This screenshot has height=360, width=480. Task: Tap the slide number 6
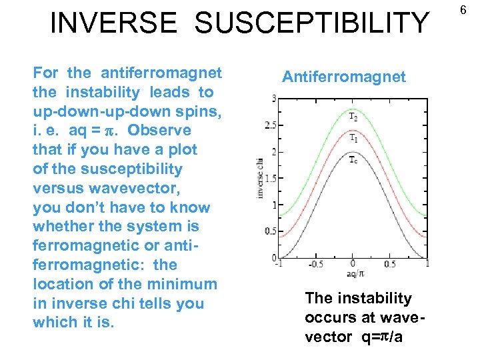[x=467, y=7]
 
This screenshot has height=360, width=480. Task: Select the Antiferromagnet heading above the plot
[x=343, y=77]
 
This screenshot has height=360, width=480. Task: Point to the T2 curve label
[x=353, y=116]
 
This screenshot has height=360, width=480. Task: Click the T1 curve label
[x=353, y=138]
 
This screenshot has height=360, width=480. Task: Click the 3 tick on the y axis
[x=273, y=99]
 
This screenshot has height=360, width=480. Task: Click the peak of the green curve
[x=353, y=105]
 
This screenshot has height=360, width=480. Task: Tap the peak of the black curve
[x=353, y=153]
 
